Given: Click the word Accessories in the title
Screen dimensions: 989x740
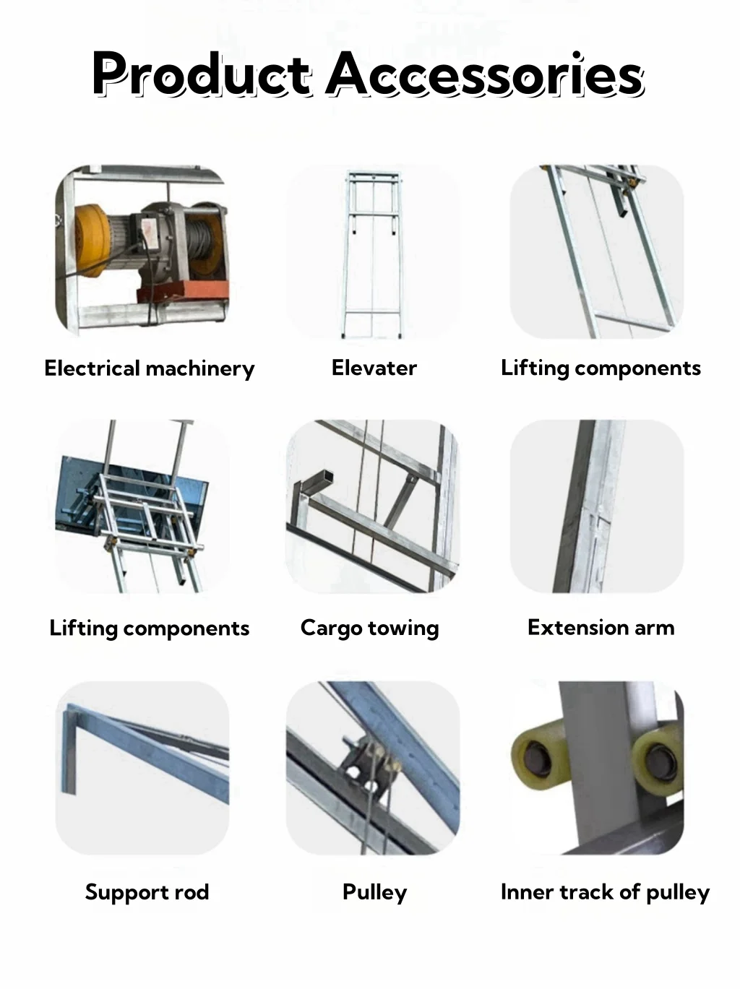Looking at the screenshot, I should pyautogui.click(x=484, y=74).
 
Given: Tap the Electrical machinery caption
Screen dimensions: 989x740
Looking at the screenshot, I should pyautogui.click(x=150, y=368).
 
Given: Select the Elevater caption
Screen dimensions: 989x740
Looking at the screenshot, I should pyautogui.click(x=374, y=368).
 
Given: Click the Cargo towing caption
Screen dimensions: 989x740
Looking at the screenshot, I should pyautogui.click(x=369, y=628).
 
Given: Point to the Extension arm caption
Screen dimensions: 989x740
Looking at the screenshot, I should pyautogui.click(x=601, y=627).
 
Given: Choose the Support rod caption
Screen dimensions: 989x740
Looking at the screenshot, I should pyautogui.click(x=147, y=891).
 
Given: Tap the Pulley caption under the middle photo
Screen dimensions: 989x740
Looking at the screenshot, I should pyautogui.click(x=374, y=891).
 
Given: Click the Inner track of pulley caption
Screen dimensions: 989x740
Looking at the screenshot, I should pyautogui.click(x=605, y=891).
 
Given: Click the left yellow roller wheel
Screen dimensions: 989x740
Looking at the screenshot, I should pyautogui.click(x=538, y=756).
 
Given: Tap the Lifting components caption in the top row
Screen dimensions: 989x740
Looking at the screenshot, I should pyautogui.click(x=601, y=368).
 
